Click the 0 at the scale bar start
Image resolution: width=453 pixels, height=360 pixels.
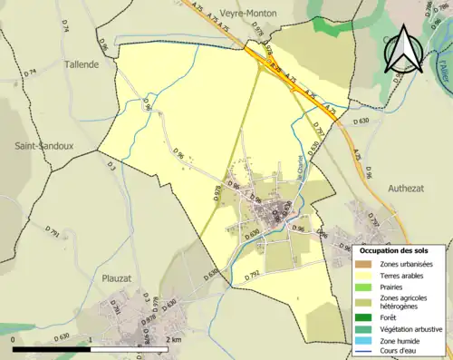click(14, 339)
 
